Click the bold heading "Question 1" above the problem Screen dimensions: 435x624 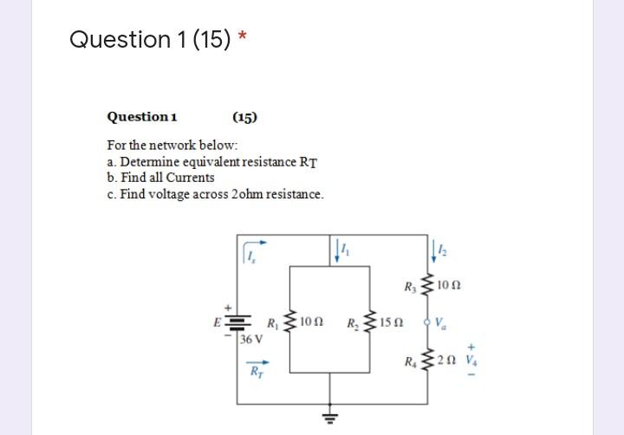(142, 117)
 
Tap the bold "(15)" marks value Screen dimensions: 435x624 (244, 117)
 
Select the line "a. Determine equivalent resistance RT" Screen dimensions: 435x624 (212, 161)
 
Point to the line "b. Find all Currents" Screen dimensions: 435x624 (160, 178)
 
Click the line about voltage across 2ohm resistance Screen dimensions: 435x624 (215, 194)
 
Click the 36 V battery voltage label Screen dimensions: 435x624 (251, 339)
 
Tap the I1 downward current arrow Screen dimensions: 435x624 (339, 250)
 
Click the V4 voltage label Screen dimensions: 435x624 (471, 360)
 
